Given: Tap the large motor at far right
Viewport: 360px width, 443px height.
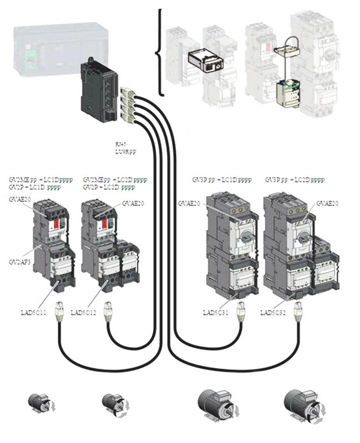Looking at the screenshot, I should pyautogui.click(x=304, y=406).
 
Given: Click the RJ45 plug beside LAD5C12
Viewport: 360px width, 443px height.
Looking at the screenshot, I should pyautogui.click(x=107, y=310).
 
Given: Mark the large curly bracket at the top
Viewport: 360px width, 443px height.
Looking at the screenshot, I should pyautogui.click(x=160, y=52).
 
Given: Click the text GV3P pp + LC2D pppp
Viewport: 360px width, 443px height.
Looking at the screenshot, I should pyautogui.click(x=295, y=180).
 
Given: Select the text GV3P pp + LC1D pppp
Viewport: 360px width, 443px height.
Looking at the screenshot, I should pyautogui.click(x=222, y=180).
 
